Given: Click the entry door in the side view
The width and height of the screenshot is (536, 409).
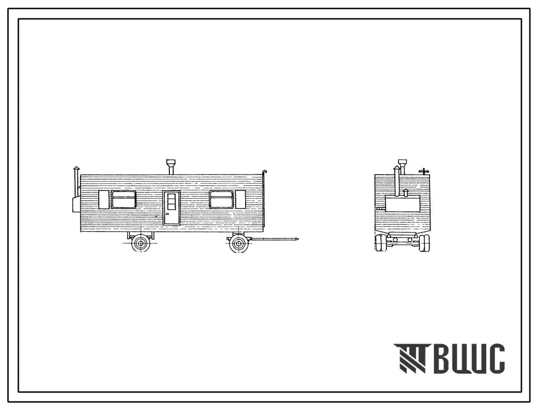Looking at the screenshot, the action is coord(171,208).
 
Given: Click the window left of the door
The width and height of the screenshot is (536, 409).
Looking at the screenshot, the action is coord(124,200).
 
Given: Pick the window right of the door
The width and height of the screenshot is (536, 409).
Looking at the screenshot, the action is coord(222,200).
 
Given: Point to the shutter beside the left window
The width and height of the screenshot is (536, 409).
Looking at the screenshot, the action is coord(103,200).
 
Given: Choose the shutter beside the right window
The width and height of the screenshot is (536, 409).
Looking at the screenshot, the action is coord(240,200).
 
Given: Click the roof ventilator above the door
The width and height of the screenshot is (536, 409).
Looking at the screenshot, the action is coord(170,167).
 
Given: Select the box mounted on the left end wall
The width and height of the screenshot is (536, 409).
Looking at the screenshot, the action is coord(76,204).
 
